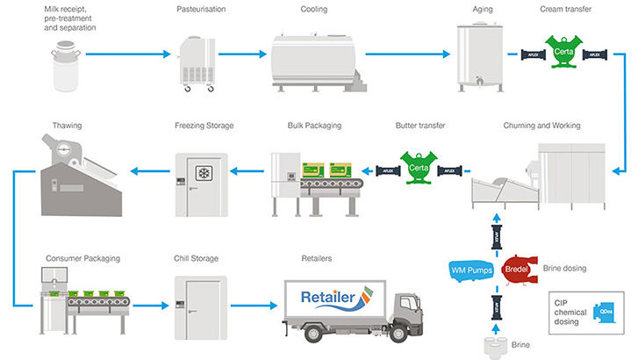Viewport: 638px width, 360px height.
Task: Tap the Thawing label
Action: (67, 126)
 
